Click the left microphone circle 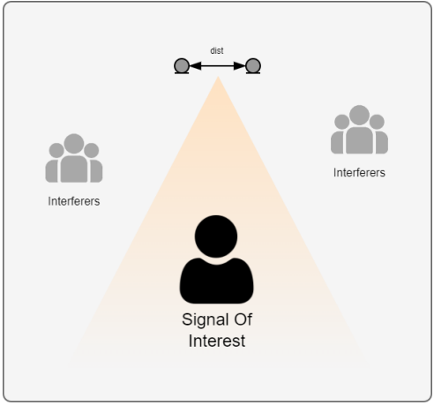tap(182, 65)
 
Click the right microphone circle tap(253, 65)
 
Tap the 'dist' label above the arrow tap(217, 50)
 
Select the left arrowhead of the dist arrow tap(195, 66)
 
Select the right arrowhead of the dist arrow tap(239, 66)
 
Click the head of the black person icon tap(216, 236)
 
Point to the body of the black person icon tap(217, 281)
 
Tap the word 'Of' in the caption tap(243, 319)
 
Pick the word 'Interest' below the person tap(217, 341)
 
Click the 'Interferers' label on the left tap(74, 201)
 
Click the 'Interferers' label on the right tap(359, 173)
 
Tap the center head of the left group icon tap(74, 144)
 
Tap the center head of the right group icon tap(359, 115)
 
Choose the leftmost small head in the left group tap(56, 150)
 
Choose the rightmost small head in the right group tap(377, 122)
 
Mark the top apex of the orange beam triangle tap(218, 77)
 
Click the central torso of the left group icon tap(74, 169)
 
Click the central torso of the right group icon tap(359, 140)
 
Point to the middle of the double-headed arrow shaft tap(217, 66)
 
